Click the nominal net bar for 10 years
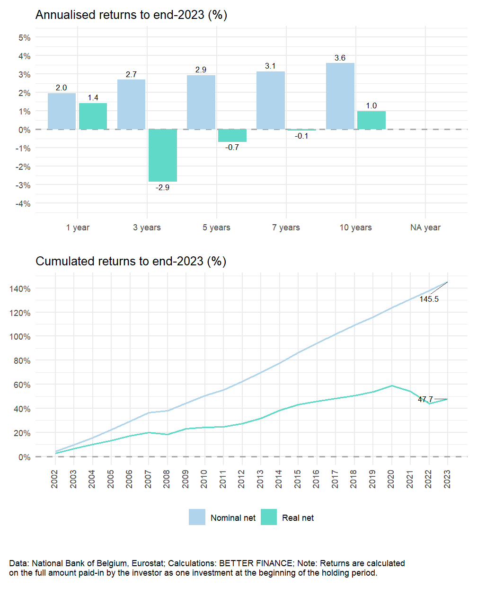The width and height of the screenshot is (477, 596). pyautogui.click(x=340, y=96)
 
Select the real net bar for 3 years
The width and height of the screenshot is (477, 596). pyautogui.click(x=163, y=155)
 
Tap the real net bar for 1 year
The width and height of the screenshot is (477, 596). pyautogui.click(x=93, y=116)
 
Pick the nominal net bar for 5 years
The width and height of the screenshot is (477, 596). pyautogui.click(x=201, y=102)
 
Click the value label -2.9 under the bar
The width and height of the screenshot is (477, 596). pyautogui.click(x=163, y=188)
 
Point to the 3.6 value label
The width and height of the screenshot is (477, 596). pyautogui.click(x=340, y=58)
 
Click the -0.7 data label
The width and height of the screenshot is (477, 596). pyautogui.click(x=232, y=148)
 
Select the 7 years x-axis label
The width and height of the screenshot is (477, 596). pyautogui.click(x=286, y=228)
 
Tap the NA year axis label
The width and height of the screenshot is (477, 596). pyautogui.click(x=425, y=228)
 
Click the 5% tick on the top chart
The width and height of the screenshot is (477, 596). pyautogui.click(x=25, y=38)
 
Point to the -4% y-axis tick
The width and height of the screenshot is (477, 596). pyautogui.click(x=23, y=204)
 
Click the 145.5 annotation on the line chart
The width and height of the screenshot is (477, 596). pyautogui.click(x=429, y=299)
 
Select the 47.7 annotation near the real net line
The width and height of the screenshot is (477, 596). pyautogui.click(x=425, y=400)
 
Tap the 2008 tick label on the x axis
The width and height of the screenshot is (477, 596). pyautogui.click(x=167, y=479)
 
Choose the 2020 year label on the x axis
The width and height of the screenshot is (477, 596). pyautogui.click(x=391, y=479)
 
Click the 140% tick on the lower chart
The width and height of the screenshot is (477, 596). pyautogui.click(x=21, y=289)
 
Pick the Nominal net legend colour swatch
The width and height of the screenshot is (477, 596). pyautogui.click(x=197, y=517)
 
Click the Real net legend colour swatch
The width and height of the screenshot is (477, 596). pyautogui.click(x=269, y=517)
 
